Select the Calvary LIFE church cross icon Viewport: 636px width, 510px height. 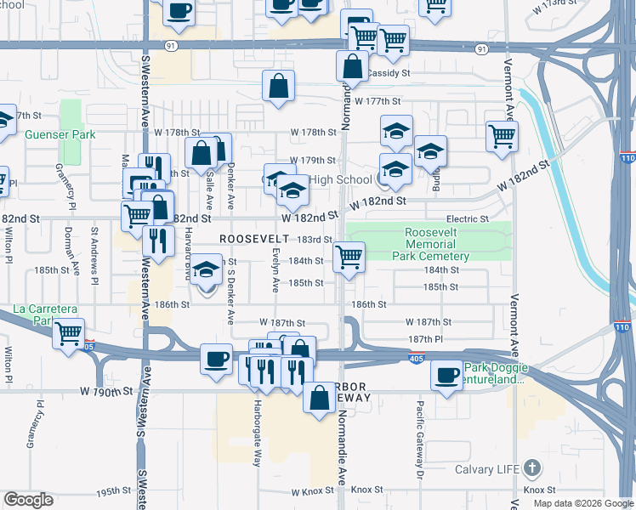coord(531,467)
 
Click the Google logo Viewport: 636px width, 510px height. coord(29,500)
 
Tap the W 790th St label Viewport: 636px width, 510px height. coord(107,392)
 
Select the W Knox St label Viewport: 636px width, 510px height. coord(310,491)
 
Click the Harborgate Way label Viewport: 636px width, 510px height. coord(257,433)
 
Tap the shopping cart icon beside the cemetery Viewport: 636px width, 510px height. coord(349,256)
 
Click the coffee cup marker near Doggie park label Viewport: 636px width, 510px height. coord(446,375)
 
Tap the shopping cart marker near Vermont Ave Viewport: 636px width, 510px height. coord(502,134)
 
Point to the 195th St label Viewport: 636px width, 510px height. coord(111,492)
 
